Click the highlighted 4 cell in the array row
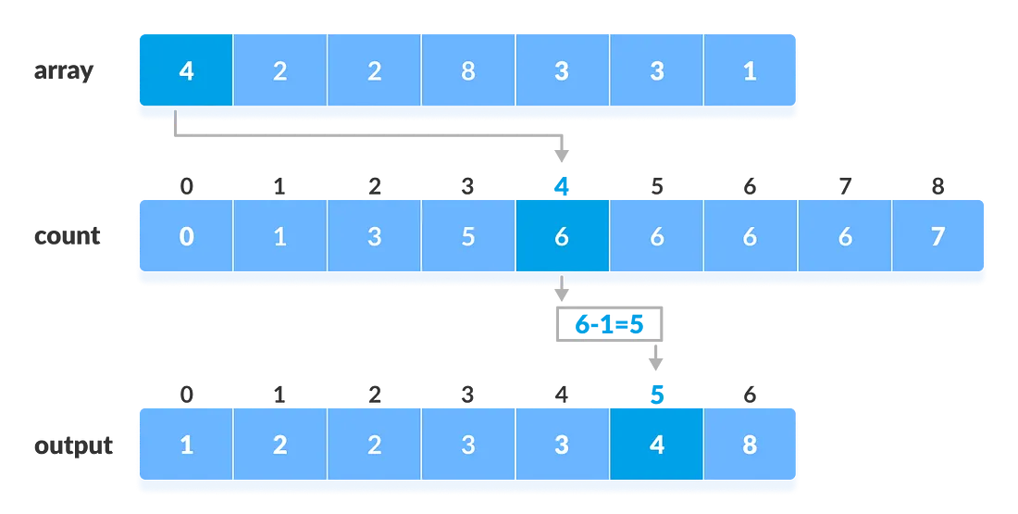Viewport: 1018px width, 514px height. click(x=186, y=71)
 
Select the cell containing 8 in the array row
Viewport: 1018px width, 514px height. click(x=468, y=71)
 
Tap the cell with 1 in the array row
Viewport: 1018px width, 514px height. click(x=750, y=71)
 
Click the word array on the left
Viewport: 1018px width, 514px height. click(x=64, y=71)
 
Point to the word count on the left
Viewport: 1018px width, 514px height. click(x=67, y=236)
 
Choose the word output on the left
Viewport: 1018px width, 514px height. click(x=73, y=445)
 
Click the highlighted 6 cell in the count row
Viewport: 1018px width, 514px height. click(x=562, y=236)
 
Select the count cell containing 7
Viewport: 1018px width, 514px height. click(x=937, y=236)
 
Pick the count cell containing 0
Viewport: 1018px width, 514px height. click(x=186, y=236)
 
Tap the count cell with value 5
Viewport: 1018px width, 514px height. click(x=468, y=236)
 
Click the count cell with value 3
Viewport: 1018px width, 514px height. click(x=374, y=236)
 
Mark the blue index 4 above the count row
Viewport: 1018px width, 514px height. click(x=562, y=187)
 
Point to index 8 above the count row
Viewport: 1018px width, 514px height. click(x=937, y=187)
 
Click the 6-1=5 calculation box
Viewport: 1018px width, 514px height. click(x=609, y=325)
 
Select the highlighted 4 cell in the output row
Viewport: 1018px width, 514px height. click(x=656, y=445)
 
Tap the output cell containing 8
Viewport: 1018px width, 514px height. click(x=750, y=445)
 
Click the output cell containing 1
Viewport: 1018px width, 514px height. click(x=186, y=445)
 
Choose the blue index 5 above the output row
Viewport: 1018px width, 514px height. click(x=657, y=395)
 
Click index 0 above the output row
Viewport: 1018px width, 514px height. click(x=187, y=395)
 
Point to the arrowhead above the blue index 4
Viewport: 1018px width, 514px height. click(x=562, y=154)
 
